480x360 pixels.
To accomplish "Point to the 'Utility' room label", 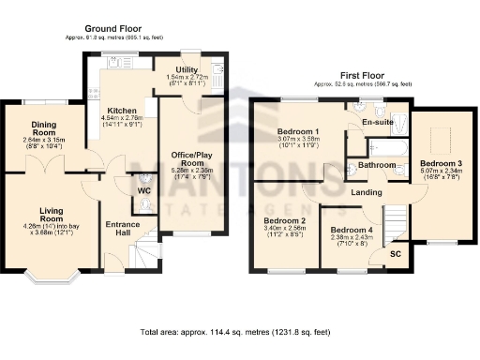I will pyautogui.click(x=186, y=69).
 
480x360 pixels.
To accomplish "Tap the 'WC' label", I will pyautogui.click(x=143, y=191).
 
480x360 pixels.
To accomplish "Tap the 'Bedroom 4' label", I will pyautogui.click(x=351, y=230).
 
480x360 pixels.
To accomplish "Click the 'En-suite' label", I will pyautogui.click(x=377, y=122).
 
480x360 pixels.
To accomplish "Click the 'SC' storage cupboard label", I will pyautogui.click(x=397, y=253).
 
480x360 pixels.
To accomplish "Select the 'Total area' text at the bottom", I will pyautogui.click(x=234, y=333).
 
